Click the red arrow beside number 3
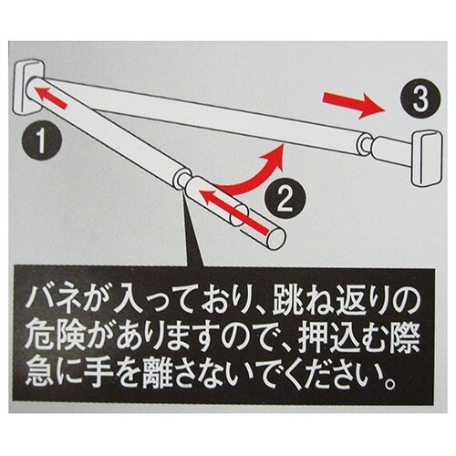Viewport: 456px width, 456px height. click(x=351, y=107)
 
